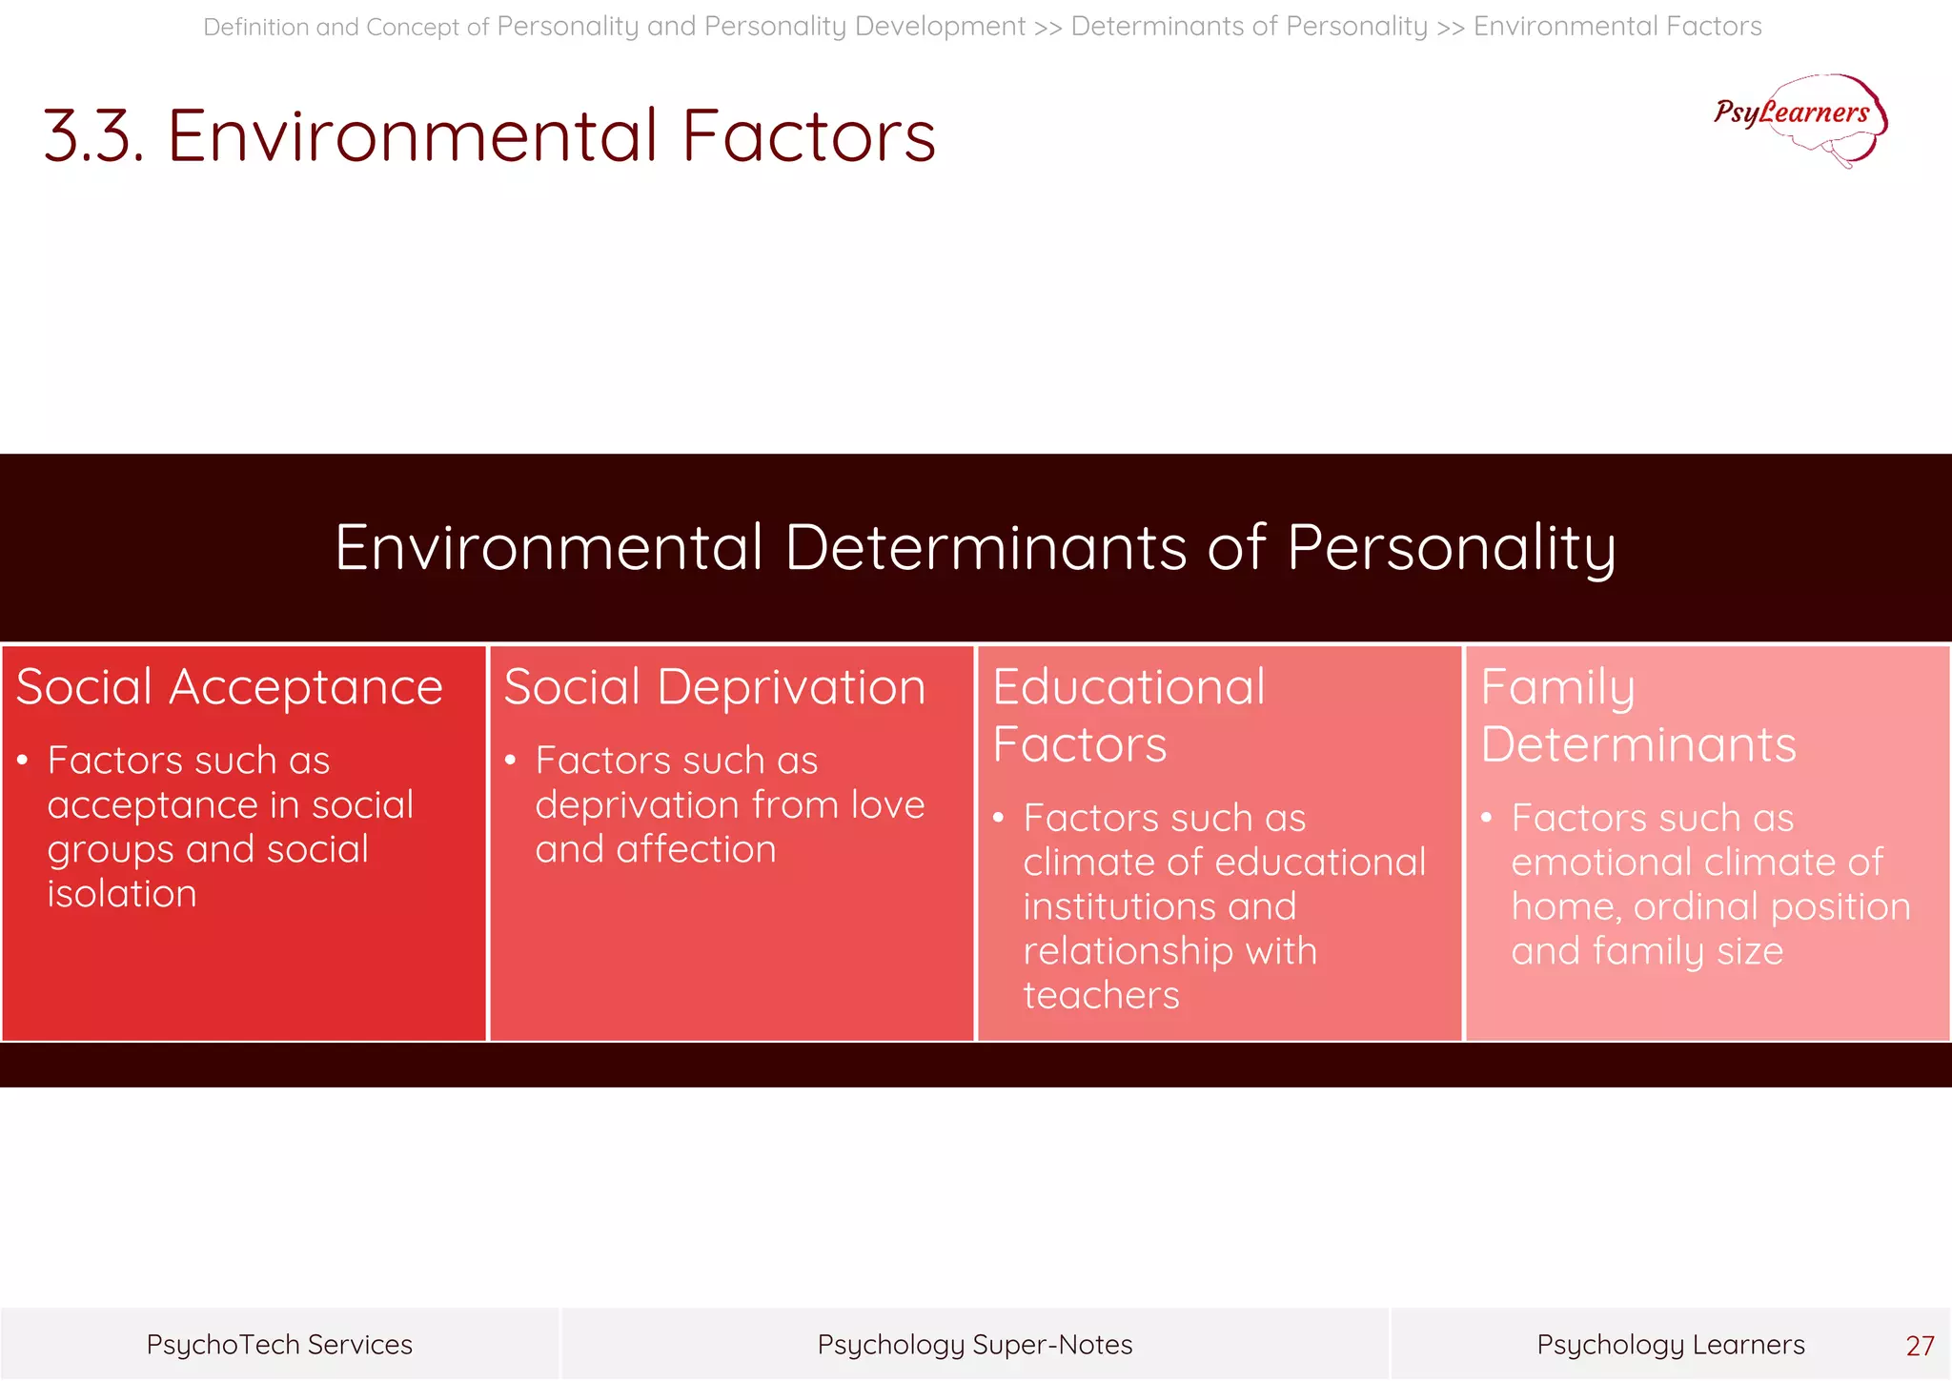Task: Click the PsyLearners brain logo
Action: pos(1800,119)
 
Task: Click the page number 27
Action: pos(1919,1346)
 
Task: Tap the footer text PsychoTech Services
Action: pos(279,1345)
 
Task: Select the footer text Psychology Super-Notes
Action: pos(974,1345)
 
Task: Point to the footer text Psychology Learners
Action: pos(1670,1345)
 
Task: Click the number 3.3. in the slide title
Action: pos(93,136)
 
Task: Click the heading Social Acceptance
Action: pos(230,687)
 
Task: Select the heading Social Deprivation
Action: pos(714,687)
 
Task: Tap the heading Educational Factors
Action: pos(1128,715)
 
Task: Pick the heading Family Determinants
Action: pos(1637,715)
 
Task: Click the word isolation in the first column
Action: pos(122,894)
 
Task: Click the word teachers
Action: pos(1101,995)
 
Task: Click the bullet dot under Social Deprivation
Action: pos(510,761)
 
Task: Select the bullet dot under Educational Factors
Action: pos(998,818)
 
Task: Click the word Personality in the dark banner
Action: pos(1451,549)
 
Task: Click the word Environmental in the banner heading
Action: pos(548,549)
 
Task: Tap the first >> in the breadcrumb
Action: pos(1047,28)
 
